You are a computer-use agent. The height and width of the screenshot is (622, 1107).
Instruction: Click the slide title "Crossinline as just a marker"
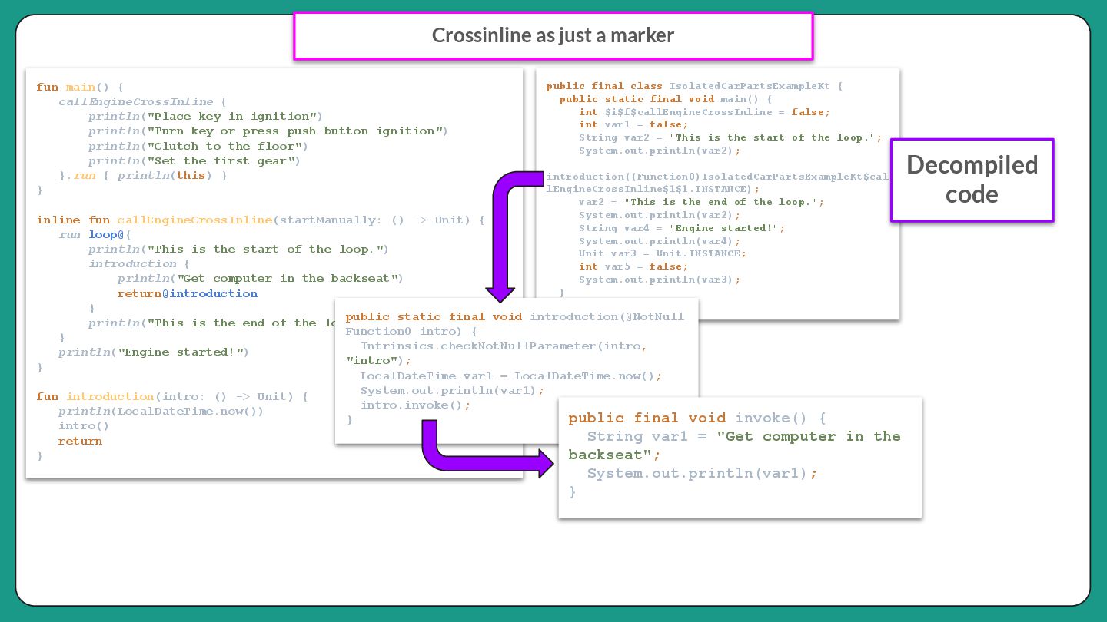pos(553,36)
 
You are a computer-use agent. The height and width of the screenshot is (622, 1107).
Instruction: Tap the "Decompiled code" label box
pos(972,180)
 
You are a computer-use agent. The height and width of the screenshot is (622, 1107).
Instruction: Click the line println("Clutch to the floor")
pos(198,146)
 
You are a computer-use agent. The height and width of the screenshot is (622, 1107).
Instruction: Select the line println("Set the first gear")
pos(194,161)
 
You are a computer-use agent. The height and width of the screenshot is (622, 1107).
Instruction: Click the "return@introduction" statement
pos(187,294)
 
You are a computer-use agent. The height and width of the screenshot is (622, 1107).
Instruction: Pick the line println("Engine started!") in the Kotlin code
pos(154,352)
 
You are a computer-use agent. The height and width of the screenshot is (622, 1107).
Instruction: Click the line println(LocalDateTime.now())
pos(161,412)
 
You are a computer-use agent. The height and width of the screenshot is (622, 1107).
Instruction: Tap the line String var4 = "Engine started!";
pos(682,228)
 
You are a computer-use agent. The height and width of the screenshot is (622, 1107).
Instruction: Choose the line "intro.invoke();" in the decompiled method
pos(415,405)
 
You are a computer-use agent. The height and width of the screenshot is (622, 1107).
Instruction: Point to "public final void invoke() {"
pos(697,419)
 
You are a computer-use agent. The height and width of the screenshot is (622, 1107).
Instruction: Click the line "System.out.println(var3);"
pos(659,280)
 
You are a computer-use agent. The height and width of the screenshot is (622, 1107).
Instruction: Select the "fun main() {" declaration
pos(80,88)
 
